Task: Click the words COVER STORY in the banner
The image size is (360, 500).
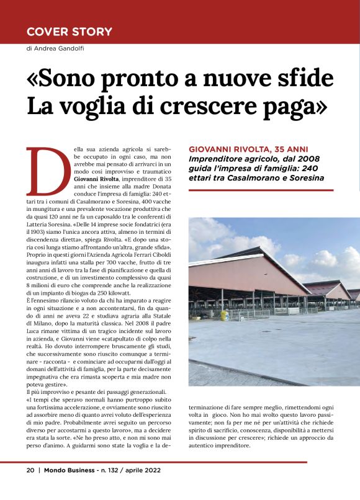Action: (x=70, y=32)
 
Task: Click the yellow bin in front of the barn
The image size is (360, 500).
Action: (x=225, y=315)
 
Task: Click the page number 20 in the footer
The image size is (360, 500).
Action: (x=30, y=470)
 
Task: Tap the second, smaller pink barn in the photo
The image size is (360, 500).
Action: (x=332, y=290)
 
